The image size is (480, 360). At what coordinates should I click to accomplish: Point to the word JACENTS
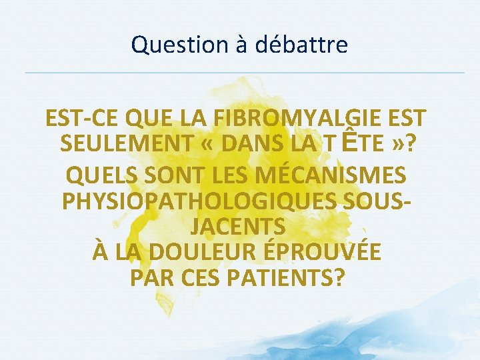pyautogui.click(x=238, y=226)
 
